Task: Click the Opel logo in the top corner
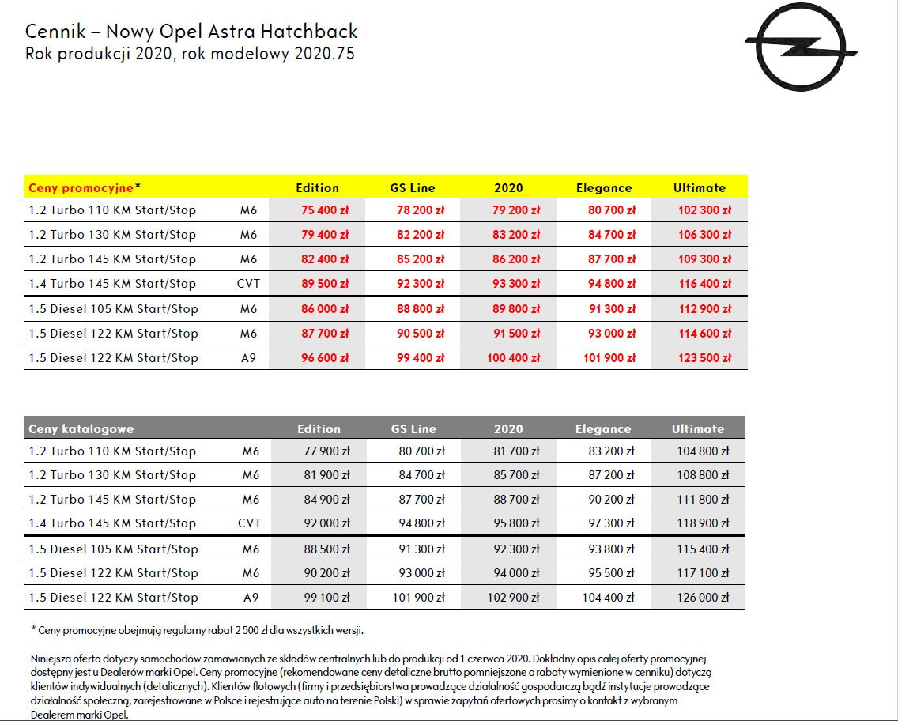[802, 51]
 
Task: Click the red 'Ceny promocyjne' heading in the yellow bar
[81, 187]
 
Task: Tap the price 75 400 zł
[325, 210]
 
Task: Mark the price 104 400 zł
[608, 598]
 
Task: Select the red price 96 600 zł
[325, 358]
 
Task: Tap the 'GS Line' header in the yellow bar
[413, 188]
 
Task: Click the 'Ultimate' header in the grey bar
[698, 428]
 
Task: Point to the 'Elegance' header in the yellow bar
[604, 188]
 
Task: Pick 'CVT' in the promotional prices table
[248, 284]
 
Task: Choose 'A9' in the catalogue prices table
[251, 598]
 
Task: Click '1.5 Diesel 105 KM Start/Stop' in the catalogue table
[113, 549]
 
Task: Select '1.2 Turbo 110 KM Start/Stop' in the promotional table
[112, 210]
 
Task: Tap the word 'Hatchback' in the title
[314, 32]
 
